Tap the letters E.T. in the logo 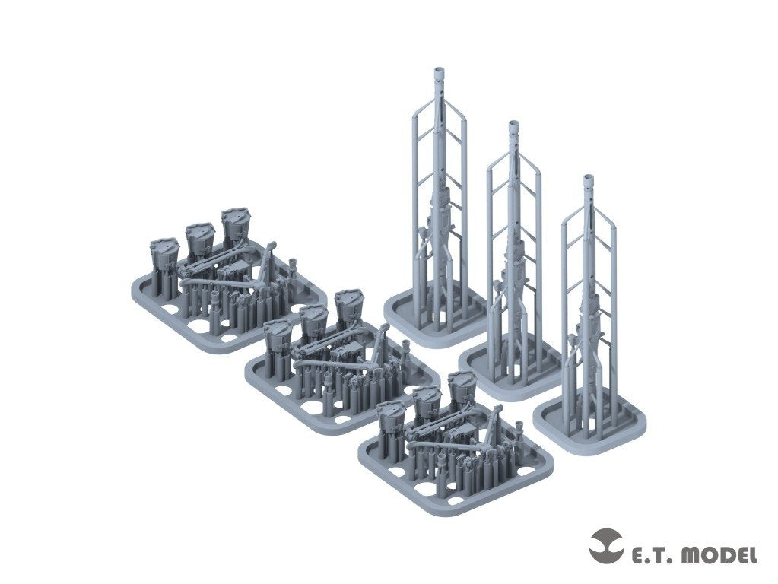pos(649,555)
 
